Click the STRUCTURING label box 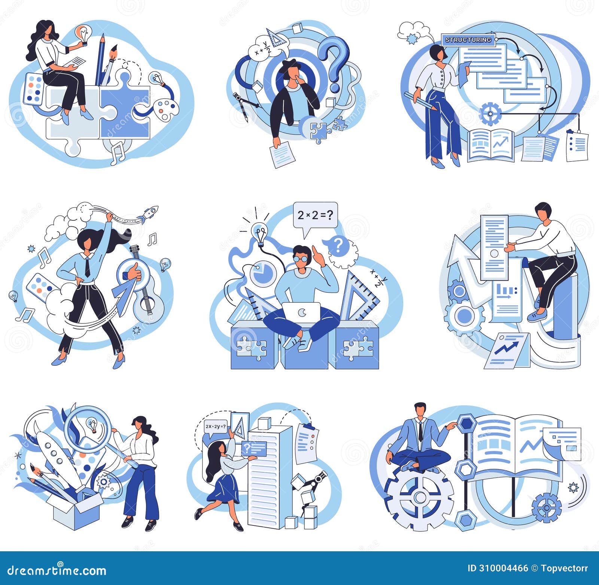(468, 40)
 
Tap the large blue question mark (334, 60)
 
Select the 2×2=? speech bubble (315, 215)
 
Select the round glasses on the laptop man (300, 259)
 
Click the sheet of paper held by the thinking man (282, 155)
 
